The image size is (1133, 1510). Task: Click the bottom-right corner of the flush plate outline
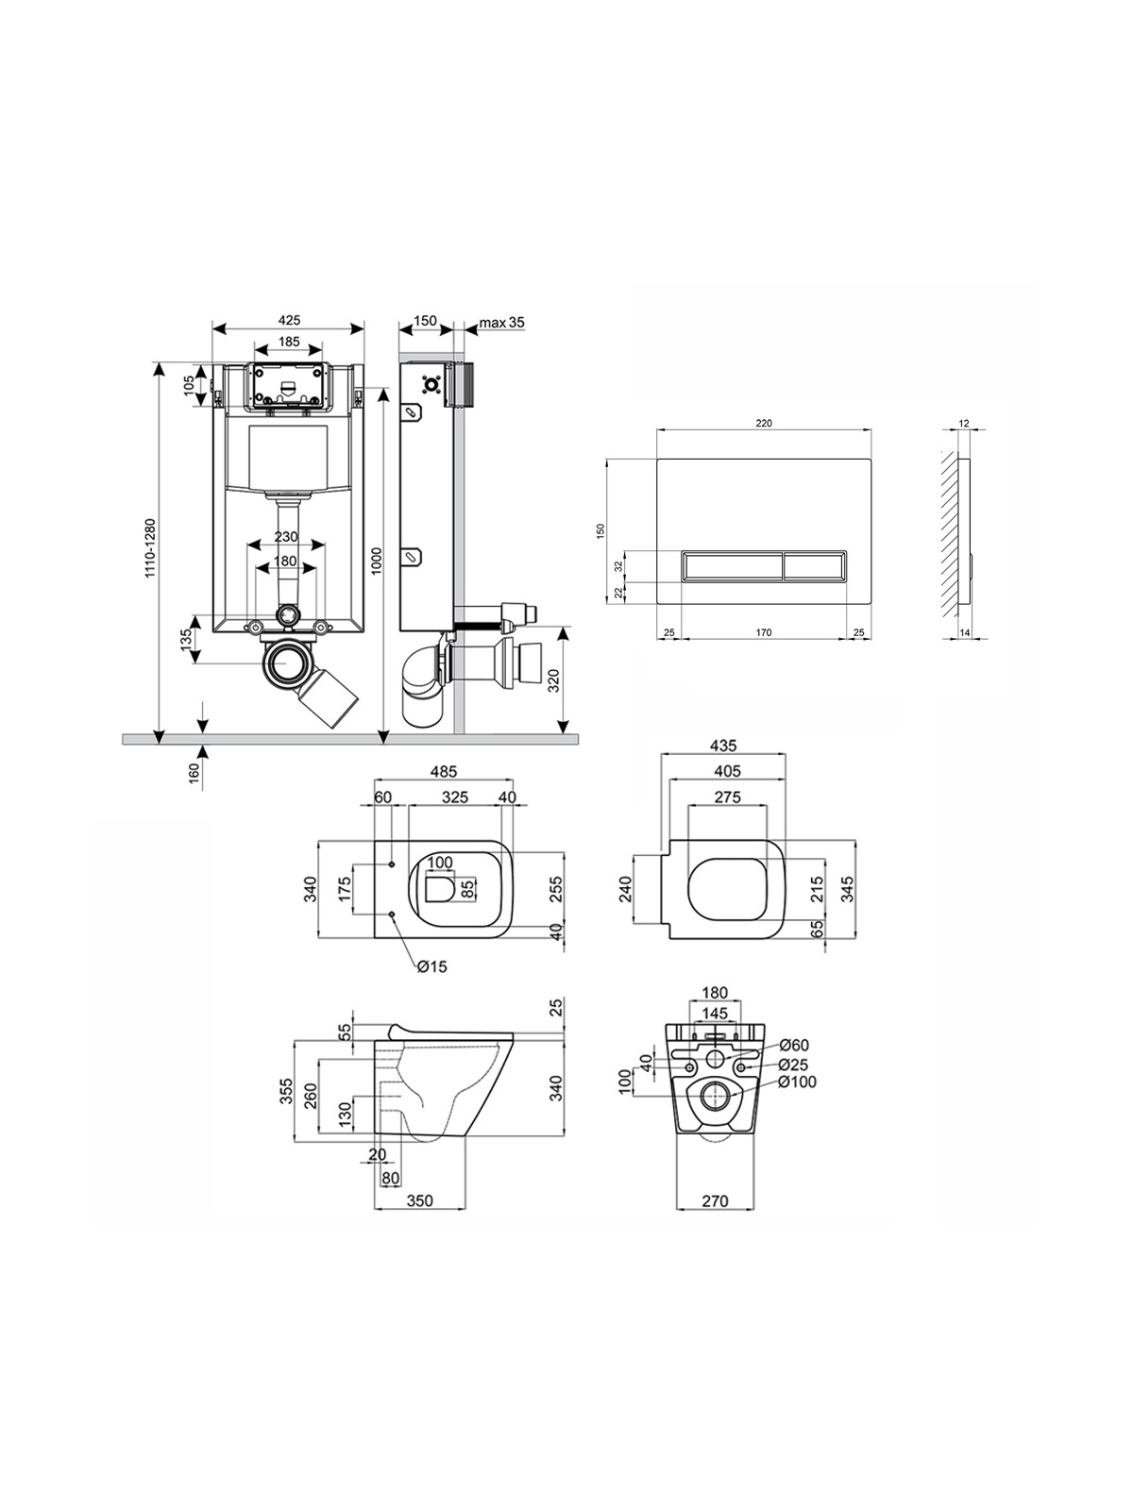pyautogui.click(x=871, y=605)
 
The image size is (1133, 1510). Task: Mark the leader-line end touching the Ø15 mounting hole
pyautogui.click(x=394, y=917)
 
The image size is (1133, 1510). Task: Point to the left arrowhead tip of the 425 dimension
pyautogui.click(x=212, y=328)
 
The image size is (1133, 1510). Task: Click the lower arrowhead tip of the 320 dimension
pyautogui.click(x=563, y=733)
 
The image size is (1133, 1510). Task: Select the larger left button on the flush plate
pyautogui.click(x=731, y=567)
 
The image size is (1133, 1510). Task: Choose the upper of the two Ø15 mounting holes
pyautogui.click(x=392, y=864)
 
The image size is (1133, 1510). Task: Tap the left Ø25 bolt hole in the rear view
pyautogui.click(x=690, y=1067)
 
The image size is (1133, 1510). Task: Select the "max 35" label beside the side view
pyautogui.click(x=501, y=322)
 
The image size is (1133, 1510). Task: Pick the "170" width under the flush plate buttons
pyautogui.click(x=764, y=632)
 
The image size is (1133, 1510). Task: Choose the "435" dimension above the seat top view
pyautogui.click(x=723, y=745)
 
